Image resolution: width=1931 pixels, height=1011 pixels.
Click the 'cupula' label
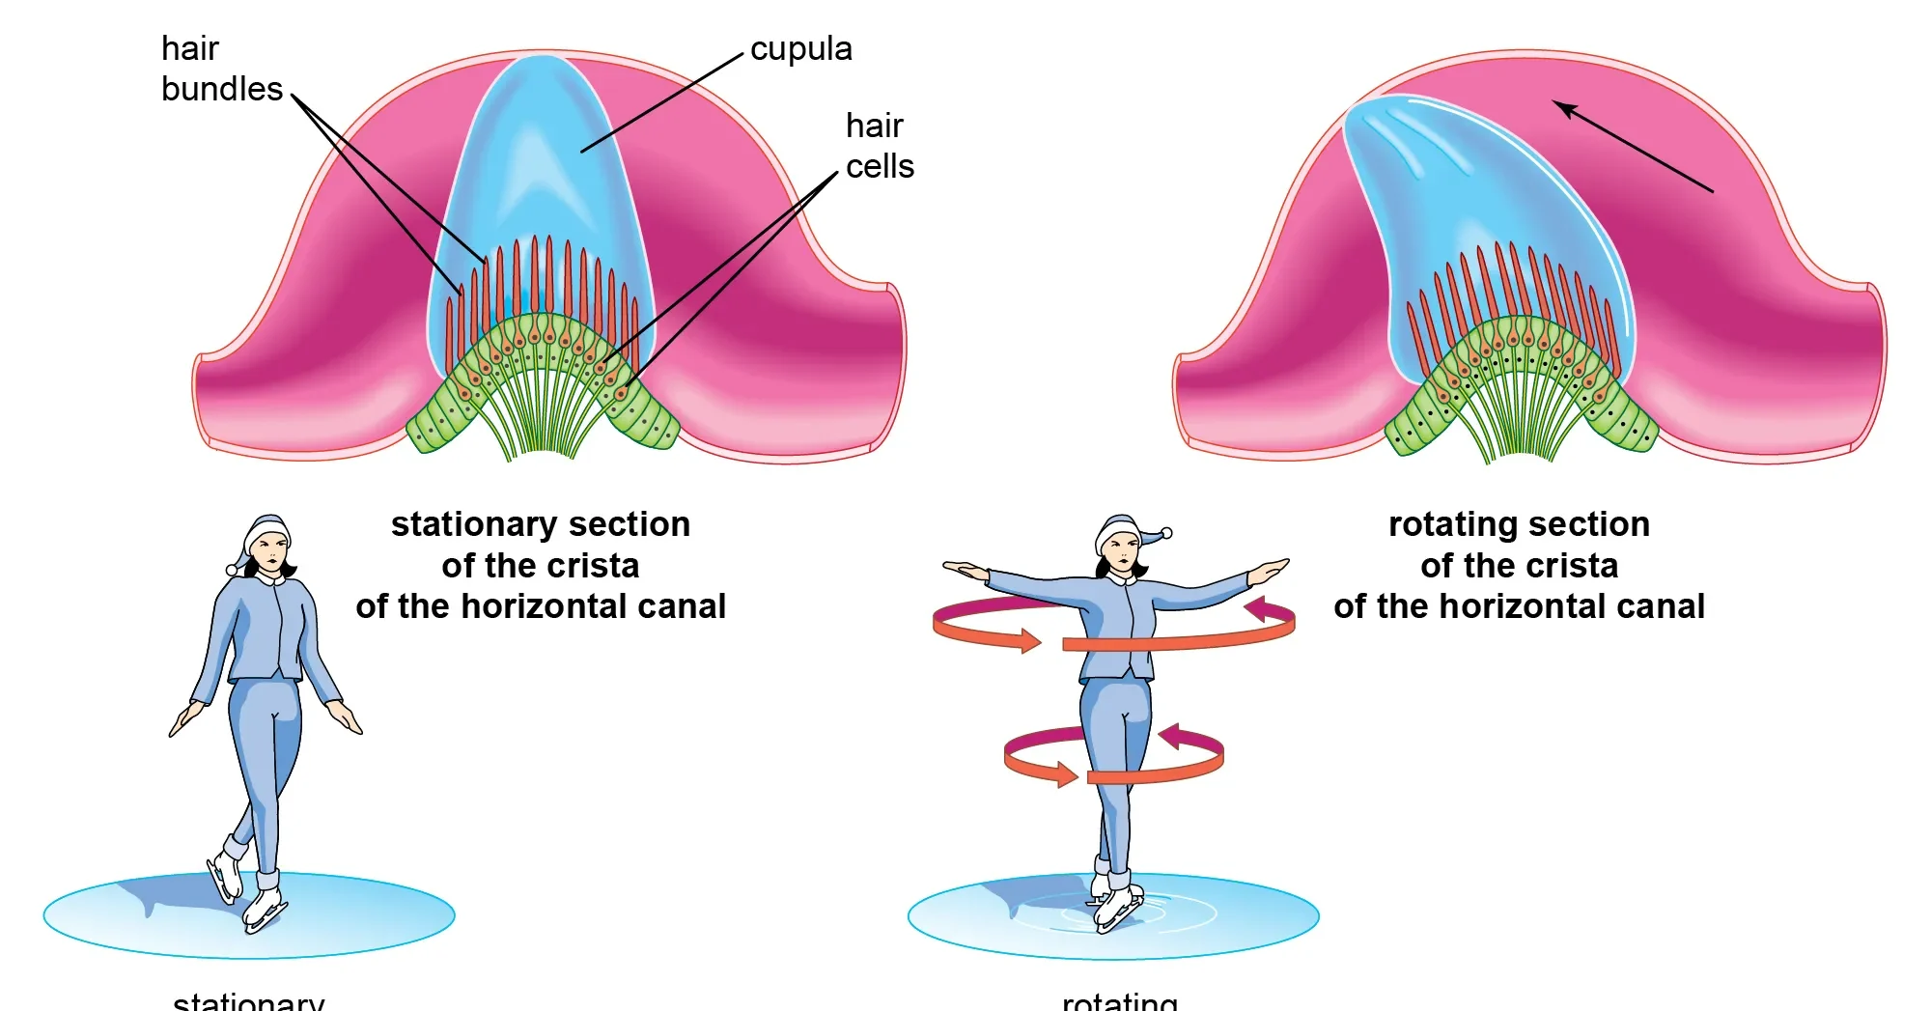coord(800,48)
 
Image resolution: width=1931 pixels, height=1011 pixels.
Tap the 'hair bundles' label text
coord(221,69)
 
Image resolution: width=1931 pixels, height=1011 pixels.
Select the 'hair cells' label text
coord(879,146)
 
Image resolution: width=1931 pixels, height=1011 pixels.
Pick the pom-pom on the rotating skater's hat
coord(1166,533)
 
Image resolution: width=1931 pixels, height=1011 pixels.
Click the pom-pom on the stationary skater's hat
coord(232,570)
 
